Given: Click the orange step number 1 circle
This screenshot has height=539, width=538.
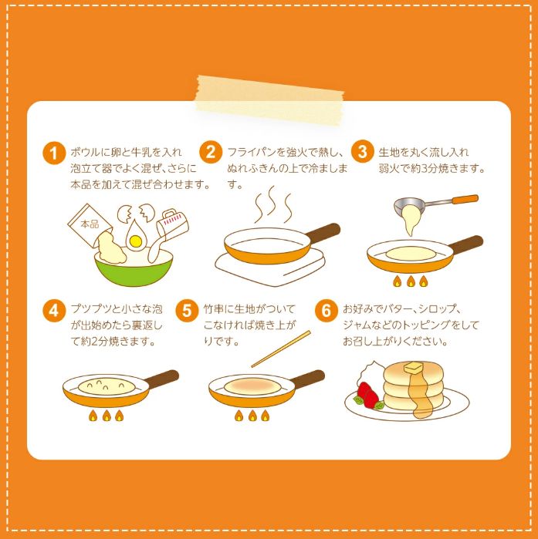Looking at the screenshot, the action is pos(54,153).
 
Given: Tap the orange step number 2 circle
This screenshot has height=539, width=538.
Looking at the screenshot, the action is pos(211,152).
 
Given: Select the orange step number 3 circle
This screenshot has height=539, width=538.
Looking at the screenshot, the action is pos(362,151).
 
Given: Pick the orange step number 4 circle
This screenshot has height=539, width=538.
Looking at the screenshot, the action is pos(54,311).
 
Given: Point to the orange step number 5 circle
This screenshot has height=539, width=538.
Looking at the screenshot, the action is pos(187,311).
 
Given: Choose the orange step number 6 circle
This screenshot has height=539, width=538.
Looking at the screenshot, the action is pos(326,311).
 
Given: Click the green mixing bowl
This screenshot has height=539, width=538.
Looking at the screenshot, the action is pos(134,269).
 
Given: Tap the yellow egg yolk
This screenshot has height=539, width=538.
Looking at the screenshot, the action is pos(136,241).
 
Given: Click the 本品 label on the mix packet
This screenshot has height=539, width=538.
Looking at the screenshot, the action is pos(90,224).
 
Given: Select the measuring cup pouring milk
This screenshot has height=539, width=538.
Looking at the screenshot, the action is pos(172,225).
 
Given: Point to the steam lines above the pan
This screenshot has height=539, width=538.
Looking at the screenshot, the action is pos(273,205).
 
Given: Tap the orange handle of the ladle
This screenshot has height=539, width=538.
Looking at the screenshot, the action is pos(465,200).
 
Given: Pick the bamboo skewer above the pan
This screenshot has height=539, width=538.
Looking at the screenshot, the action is pos(281,349).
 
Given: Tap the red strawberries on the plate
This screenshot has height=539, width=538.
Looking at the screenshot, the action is pos(368,394).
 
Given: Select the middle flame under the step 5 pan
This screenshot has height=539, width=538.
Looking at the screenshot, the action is pos(252,416).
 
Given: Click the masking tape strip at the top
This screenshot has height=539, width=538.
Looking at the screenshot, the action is pos(270,99).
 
